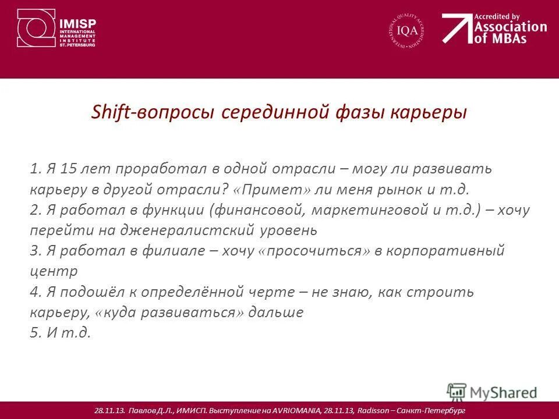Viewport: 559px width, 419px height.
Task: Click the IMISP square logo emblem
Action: click(x=36, y=28)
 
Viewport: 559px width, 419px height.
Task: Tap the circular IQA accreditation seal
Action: click(x=406, y=31)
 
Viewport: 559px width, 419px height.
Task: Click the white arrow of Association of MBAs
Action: click(x=456, y=28)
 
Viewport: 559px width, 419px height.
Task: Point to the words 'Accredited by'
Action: click(x=497, y=16)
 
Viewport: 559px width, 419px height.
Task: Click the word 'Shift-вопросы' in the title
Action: click(x=154, y=112)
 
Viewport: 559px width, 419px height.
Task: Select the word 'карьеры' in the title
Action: click(x=432, y=112)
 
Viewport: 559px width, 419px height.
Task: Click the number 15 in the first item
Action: click(x=69, y=169)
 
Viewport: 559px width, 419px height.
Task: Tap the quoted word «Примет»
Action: click(x=273, y=189)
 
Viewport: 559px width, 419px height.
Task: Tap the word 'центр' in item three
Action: click(x=53, y=271)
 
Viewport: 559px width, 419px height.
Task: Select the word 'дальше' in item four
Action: click(x=276, y=312)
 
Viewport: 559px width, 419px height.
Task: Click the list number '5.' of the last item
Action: click(x=37, y=333)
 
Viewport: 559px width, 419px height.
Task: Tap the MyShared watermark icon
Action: click(x=457, y=392)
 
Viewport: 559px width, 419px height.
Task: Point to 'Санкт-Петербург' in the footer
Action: click(x=431, y=411)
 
